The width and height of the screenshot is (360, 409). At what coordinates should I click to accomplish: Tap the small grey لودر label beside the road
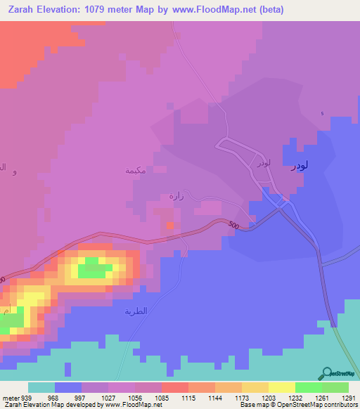[x=263, y=162]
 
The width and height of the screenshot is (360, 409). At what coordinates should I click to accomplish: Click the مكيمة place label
[x=135, y=170]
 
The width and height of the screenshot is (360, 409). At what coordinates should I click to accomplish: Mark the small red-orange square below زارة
[x=170, y=226]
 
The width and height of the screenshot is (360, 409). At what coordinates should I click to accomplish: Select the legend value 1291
[x=349, y=397]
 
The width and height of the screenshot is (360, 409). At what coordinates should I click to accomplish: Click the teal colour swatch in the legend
[x=41, y=387]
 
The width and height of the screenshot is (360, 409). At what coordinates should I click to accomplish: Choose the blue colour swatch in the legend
[x=68, y=387]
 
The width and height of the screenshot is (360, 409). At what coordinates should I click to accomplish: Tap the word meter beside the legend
[x=9, y=397]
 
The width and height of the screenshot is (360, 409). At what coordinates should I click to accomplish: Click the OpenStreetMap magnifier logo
[x=326, y=373]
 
